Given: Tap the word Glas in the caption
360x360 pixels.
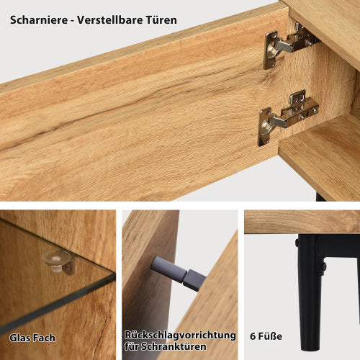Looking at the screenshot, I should [20, 337].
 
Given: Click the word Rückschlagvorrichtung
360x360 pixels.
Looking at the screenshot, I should [180, 335].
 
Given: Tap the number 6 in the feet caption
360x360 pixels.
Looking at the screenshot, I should [253, 336].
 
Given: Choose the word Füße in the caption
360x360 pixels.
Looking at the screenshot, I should [271, 336].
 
